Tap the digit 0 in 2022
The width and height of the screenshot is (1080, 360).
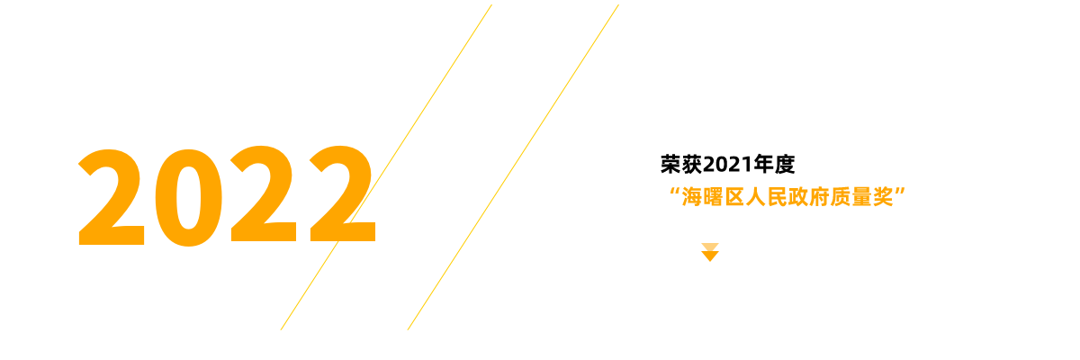[187, 196]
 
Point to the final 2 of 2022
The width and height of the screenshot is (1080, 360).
[340, 194]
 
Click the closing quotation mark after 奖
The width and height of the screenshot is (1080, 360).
[899, 192]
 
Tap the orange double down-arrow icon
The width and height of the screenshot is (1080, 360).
[710, 252]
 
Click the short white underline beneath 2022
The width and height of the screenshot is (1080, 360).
[257, 241]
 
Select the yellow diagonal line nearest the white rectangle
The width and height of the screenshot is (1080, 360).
[513, 166]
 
